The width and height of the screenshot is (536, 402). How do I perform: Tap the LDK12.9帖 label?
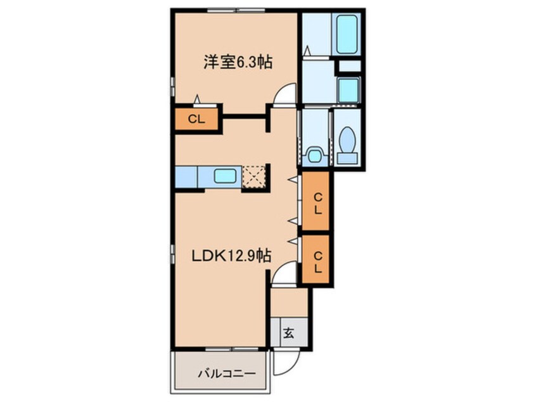(233, 256)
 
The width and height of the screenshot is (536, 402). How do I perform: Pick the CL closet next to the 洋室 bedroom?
(196, 119)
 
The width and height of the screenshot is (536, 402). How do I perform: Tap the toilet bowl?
(347, 139)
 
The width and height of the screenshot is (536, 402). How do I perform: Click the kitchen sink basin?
(226, 176)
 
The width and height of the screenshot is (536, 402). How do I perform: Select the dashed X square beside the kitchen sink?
(254, 176)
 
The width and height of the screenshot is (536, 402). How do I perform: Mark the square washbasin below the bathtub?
(348, 89)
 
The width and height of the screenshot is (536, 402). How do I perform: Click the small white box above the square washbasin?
(349, 65)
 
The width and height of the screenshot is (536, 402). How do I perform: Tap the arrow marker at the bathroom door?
(307, 50)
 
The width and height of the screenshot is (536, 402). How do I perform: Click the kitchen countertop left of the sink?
(187, 176)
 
